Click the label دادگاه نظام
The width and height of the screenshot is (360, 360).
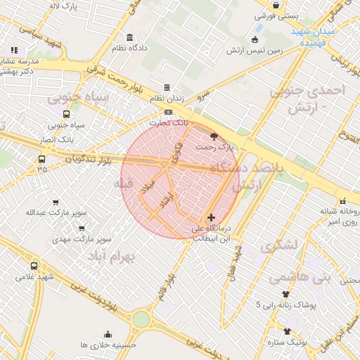click(x=129, y=48)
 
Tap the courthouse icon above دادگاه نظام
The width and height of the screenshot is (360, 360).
click(x=129, y=37)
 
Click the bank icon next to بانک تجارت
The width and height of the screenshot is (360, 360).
click(x=167, y=112)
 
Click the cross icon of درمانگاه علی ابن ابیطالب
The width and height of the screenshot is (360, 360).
click(x=212, y=218)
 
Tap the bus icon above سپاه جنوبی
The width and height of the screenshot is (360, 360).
click(x=66, y=114)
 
